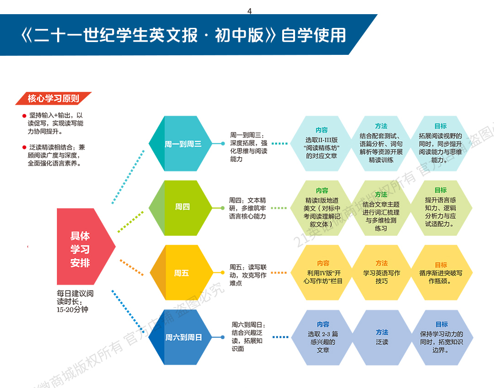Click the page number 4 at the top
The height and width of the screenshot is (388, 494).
point(249,11)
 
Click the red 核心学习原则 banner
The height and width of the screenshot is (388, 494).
point(53,98)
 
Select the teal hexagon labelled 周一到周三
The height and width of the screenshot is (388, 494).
point(183,144)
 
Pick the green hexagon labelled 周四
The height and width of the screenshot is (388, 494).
point(182,207)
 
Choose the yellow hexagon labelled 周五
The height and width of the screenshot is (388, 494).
point(182,273)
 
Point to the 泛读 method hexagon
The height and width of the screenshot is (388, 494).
point(382,337)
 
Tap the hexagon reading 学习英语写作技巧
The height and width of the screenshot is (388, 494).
point(381,272)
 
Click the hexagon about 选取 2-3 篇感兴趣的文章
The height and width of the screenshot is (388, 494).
point(323,337)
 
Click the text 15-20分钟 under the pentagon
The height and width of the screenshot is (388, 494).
point(72,309)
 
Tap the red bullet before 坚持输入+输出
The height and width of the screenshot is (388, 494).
point(24,116)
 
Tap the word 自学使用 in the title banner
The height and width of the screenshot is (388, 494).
point(313,35)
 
